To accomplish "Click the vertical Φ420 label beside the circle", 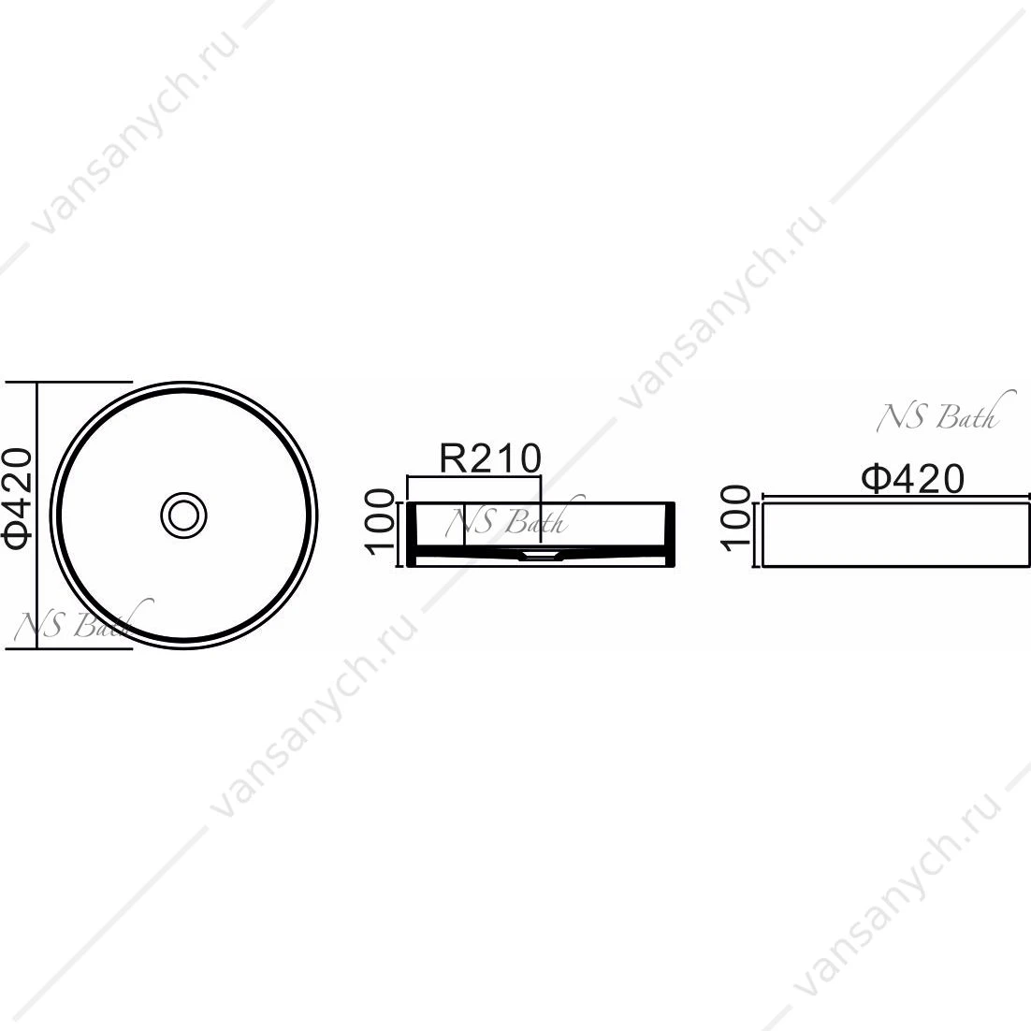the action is pyautogui.click(x=17, y=498).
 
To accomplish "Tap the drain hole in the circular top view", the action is pyautogui.click(x=184, y=515).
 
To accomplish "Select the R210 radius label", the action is pyautogui.click(x=490, y=458).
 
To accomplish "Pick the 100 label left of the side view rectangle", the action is pyautogui.click(x=735, y=518).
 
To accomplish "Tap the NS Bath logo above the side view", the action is pyautogui.click(x=940, y=413).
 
